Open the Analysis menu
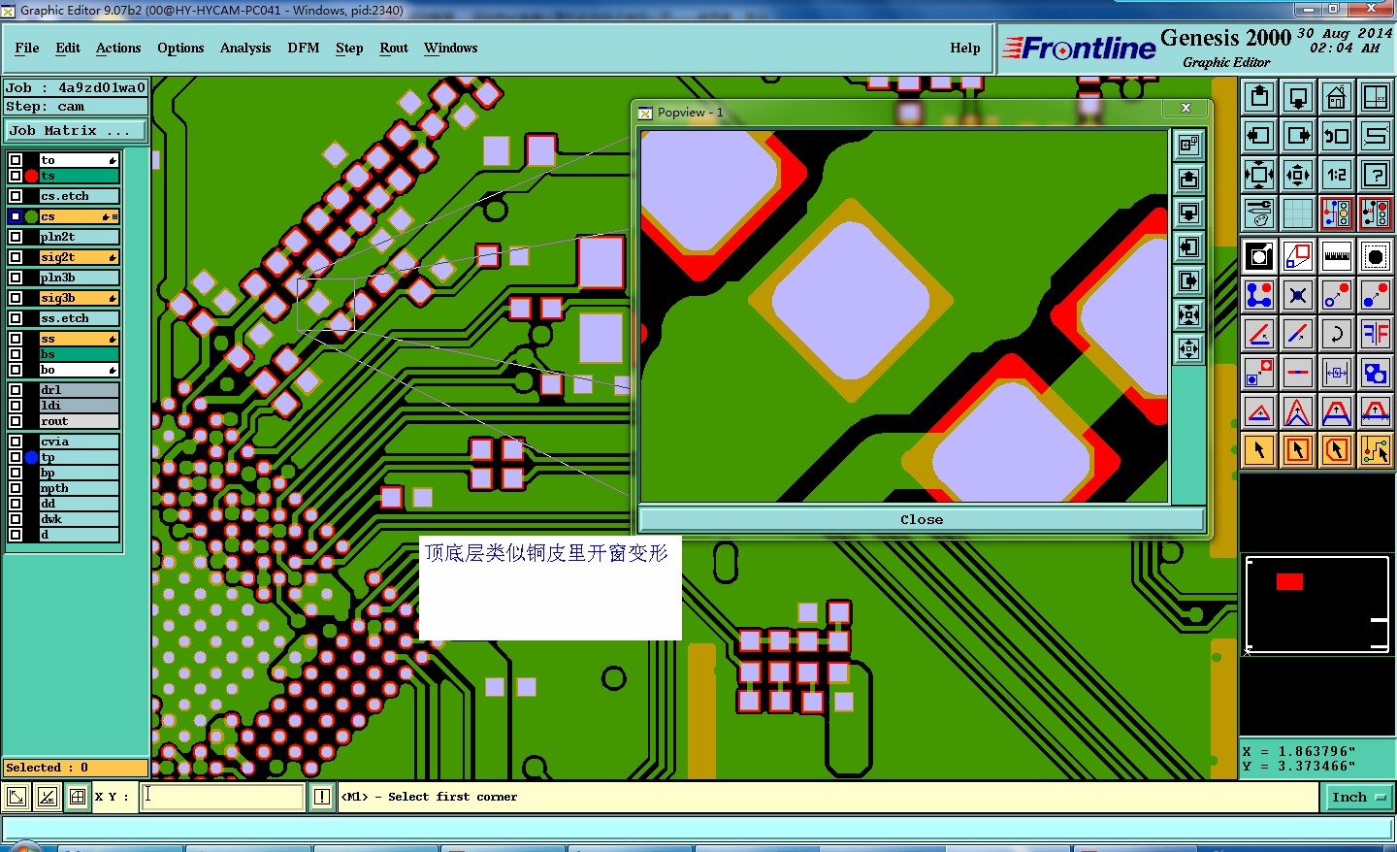245,48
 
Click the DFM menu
303,48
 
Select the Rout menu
394,48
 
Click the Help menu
964,48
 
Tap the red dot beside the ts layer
31,176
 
